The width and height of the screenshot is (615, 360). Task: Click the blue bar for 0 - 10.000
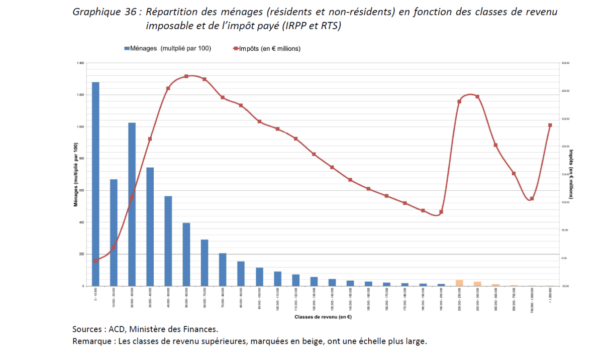click(x=95, y=184)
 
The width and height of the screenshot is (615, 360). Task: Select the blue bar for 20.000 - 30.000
click(x=132, y=204)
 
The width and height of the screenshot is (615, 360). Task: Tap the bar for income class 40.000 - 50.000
click(x=168, y=241)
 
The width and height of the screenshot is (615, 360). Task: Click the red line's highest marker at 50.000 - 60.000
click(x=186, y=76)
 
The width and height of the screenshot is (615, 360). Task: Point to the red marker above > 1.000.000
click(x=550, y=125)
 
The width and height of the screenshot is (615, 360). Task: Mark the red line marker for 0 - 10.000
click(x=95, y=261)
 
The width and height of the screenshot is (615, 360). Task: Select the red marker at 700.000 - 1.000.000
click(x=532, y=199)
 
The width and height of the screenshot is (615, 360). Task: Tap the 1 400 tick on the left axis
click(x=80, y=63)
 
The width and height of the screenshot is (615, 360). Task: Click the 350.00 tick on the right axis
click(x=565, y=63)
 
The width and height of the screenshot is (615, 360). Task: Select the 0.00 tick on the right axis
click(x=565, y=258)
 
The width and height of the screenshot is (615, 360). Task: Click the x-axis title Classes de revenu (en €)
click(x=323, y=317)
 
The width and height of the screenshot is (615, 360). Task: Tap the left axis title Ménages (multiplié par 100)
click(x=76, y=175)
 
